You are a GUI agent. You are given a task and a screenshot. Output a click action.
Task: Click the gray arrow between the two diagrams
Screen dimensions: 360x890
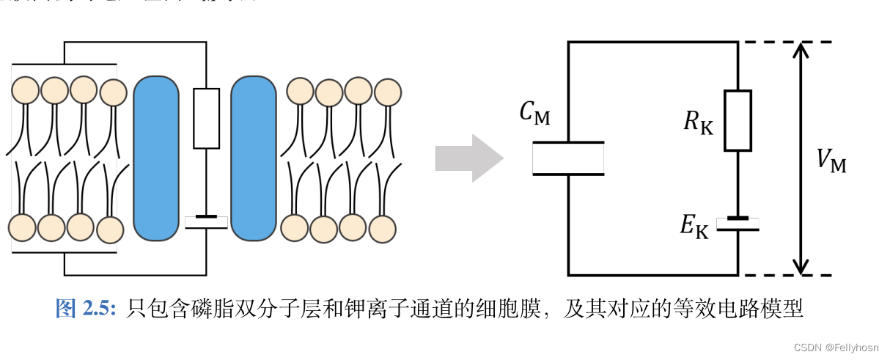pos(468,158)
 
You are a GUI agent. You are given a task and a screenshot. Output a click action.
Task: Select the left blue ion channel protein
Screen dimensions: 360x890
pos(155,158)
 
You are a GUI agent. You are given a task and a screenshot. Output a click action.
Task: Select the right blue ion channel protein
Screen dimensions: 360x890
pos(254,158)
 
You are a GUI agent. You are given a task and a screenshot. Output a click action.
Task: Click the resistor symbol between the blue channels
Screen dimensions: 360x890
pos(206,118)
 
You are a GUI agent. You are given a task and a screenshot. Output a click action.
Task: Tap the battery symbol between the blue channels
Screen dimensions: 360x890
pos(206,221)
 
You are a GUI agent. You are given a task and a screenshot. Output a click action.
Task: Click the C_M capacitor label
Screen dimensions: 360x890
pos(534,113)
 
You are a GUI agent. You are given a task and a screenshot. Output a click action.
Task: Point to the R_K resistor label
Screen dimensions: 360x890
pos(697,122)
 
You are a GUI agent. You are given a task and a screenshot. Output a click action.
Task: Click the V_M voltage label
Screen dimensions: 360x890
pos(831,161)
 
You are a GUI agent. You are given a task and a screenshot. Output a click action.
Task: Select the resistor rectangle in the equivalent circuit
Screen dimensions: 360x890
pos(738,121)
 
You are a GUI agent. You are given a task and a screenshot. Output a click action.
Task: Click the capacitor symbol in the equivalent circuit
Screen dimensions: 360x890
pos(568,158)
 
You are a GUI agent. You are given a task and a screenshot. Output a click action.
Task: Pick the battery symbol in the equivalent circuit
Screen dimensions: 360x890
pos(738,224)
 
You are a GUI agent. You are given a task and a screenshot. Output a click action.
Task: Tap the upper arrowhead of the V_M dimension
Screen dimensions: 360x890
pos(801,50)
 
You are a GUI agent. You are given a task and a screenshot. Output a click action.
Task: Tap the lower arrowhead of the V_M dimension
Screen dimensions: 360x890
pos(801,267)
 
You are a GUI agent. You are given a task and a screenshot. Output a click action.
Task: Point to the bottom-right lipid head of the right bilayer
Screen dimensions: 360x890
pos(383,229)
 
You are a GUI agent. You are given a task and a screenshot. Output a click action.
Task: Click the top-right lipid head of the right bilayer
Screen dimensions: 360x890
pos(388,92)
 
